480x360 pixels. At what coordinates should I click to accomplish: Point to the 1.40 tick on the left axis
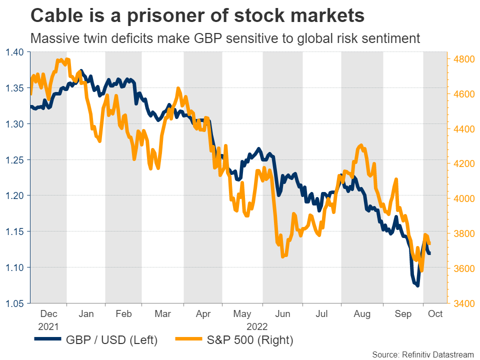click(x=14, y=51)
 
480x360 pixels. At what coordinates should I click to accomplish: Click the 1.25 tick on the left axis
click(x=14, y=159)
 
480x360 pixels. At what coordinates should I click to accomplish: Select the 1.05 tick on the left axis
click(x=14, y=303)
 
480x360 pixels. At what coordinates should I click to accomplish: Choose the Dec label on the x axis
click(x=48, y=314)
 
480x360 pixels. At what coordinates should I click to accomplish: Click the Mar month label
click(x=162, y=314)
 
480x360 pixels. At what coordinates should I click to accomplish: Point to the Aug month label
click(x=361, y=314)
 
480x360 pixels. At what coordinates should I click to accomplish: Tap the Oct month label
click(x=435, y=314)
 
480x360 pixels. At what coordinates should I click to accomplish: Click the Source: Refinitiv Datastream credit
click(x=423, y=354)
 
